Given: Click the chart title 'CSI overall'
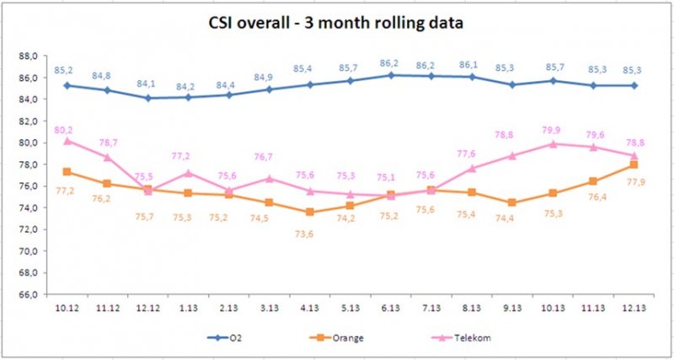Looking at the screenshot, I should click(337, 23).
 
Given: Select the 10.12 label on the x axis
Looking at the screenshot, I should click(66, 307).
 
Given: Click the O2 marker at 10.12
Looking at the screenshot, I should click(66, 85).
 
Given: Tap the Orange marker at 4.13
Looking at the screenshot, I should click(310, 212).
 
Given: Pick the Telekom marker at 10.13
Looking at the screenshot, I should click(553, 143).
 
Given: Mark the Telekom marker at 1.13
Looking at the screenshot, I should click(189, 173).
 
